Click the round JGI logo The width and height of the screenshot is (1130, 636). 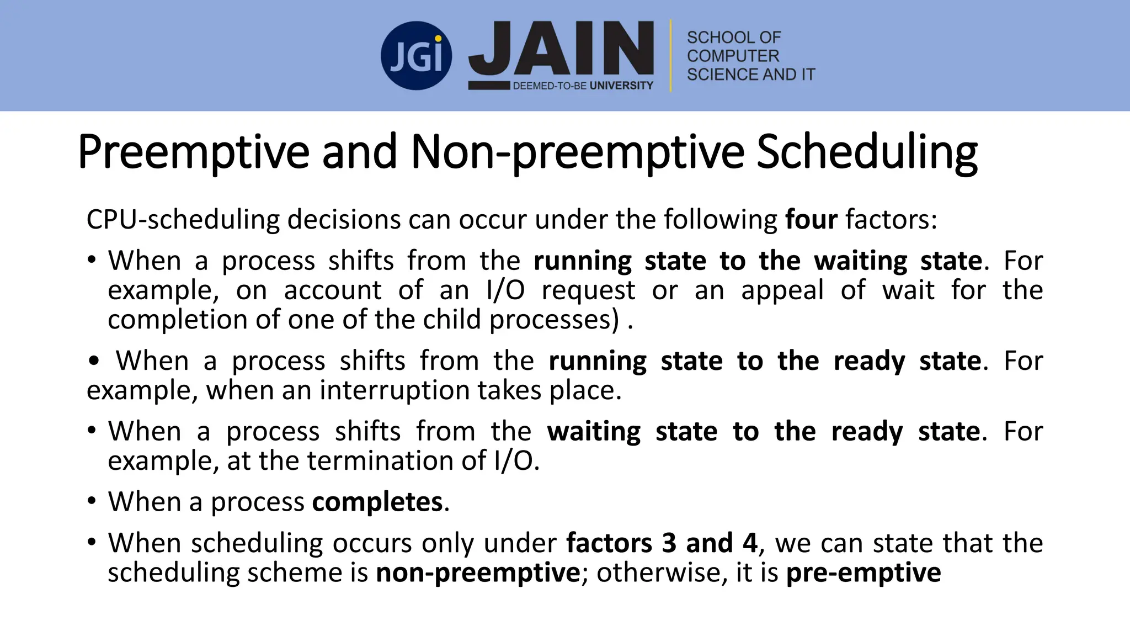tap(416, 56)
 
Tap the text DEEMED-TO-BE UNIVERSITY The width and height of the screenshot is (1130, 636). tap(583, 86)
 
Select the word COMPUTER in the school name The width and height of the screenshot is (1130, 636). tap(733, 56)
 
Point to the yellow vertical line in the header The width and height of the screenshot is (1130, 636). tap(671, 55)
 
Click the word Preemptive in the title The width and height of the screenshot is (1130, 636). tap(193, 152)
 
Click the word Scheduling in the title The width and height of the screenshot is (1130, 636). tap(866, 152)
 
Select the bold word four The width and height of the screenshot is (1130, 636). tap(811, 220)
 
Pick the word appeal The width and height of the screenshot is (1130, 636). tap(782, 290)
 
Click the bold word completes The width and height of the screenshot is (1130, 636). tap(377, 502)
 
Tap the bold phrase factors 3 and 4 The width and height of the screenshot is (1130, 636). tap(662, 543)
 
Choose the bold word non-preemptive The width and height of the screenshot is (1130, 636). tap(477, 573)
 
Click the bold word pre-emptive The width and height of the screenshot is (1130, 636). tap(863, 573)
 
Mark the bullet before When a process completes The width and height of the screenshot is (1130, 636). tap(92, 501)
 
